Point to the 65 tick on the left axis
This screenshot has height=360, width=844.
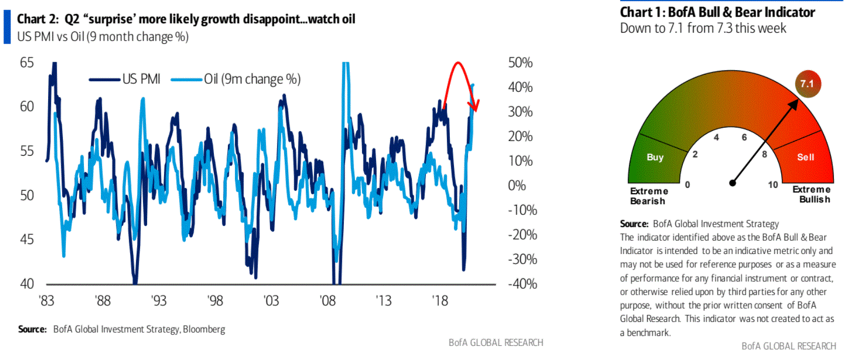pos(27,63)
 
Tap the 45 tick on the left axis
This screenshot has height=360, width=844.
pos(27,239)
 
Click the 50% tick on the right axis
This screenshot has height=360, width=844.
pos(520,63)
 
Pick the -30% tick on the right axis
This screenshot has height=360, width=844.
pos(522,260)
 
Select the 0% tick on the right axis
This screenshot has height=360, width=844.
pos(517,186)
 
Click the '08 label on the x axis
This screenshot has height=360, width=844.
pos(327,301)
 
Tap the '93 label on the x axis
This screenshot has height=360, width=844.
pos(159,301)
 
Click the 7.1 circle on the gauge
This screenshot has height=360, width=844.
pos(807,84)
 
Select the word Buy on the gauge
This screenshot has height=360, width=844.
pos(655,157)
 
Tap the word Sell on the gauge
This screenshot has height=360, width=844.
pos(805,157)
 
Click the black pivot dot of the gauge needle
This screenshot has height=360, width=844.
pos(733,183)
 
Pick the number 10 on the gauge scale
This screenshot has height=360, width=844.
pos(773,185)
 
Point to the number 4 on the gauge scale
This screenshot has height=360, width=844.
pos(716,138)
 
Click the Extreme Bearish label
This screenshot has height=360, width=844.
pos(649,196)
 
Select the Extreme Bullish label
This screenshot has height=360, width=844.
pos(811,194)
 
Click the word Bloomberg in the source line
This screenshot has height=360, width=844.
pos(204,329)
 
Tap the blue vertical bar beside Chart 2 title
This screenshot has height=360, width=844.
pos(7,27)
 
